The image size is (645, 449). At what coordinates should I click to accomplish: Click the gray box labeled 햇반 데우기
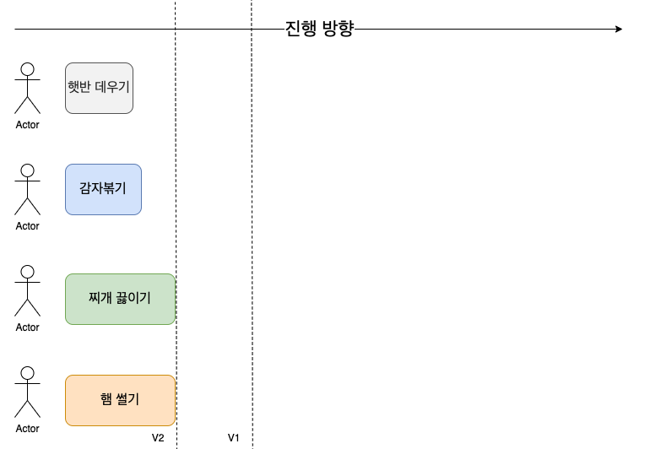click(x=99, y=88)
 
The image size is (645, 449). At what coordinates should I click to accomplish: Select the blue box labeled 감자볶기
click(x=103, y=189)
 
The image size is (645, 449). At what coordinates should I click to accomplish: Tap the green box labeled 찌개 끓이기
click(x=120, y=299)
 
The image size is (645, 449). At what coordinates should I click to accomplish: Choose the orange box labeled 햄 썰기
click(x=120, y=400)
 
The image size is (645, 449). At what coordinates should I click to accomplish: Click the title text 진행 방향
click(x=319, y=29)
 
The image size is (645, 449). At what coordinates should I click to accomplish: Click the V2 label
click(x=158, y=438)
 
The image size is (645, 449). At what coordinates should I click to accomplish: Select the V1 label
click(x=234, y=438)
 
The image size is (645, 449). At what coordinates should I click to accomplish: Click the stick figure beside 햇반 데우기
click(x=27, y=88)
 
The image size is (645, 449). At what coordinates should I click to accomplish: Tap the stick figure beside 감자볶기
click(x=27, y=189)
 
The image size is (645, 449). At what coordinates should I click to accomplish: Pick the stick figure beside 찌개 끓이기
click(x=27, y=290)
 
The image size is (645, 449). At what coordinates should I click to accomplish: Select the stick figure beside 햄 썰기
click(x=27, y=392)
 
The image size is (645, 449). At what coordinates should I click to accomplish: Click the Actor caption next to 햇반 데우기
click(x=27, y=125)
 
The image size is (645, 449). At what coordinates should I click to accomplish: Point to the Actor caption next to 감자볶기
click(x=27, y=226)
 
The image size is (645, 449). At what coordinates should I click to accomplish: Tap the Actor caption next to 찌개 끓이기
click(x=27, y=327)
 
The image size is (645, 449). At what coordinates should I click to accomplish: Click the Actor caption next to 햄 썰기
click(x=27, y=429)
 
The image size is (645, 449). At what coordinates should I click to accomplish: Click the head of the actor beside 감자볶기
click(x=27, y=170)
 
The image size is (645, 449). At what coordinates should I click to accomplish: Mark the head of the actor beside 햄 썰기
click(x=27, y=373)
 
